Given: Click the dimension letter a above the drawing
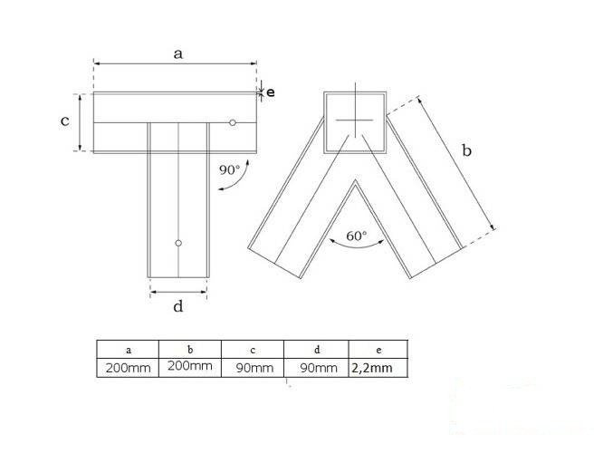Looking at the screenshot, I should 178,53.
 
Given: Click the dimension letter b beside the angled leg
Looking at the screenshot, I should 466,152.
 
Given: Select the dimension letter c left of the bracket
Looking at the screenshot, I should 65,120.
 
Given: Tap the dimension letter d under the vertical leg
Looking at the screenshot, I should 178,306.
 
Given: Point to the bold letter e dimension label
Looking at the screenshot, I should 271,92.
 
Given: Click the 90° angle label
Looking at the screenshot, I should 229,169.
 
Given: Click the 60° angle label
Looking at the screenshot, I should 357,236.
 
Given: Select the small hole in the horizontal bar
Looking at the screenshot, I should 233,122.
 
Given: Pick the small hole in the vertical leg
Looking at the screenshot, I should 178,243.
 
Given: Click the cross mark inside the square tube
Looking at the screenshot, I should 353,121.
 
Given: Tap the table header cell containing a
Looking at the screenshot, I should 128,349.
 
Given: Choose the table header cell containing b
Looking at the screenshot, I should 189,349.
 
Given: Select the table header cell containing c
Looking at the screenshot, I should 253,349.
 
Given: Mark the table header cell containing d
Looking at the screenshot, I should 314,349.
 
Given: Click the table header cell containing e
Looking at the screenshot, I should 377,349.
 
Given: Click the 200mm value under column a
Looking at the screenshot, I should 128,368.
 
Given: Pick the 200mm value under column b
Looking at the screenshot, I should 189,367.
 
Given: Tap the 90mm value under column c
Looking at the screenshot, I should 253,368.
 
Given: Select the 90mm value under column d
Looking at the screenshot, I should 314,368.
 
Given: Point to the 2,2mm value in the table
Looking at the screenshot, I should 377,368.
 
